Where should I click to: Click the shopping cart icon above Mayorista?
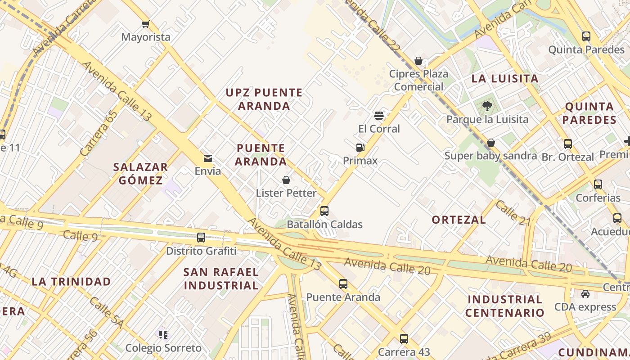tap(145, 24)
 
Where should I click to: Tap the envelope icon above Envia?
tap(207, 158)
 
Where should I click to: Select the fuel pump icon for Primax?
tap(360, 147)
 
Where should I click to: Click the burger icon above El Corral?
tap(379, 116)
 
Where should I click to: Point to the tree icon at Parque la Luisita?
tap(487, 106)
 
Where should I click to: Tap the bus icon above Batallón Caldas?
tap(324, 211)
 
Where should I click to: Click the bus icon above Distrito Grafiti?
tap(201, 237)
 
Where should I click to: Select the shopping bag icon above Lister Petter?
tap(286, 180)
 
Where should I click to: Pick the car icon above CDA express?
tap(585, 294)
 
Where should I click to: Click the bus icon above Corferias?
tap(598, 184)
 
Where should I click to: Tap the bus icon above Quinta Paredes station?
tap(586, 36)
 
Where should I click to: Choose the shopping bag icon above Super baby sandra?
tap(491, 143)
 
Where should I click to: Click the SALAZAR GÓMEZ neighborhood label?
tap(140, 174)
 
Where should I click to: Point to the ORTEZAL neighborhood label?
tap(459, 220)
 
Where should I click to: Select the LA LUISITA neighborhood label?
tap(504, 79)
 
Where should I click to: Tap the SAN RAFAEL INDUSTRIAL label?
tap(221, 279)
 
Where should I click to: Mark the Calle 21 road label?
tap(513, 212)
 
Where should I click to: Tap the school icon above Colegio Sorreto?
tap(163, 334)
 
